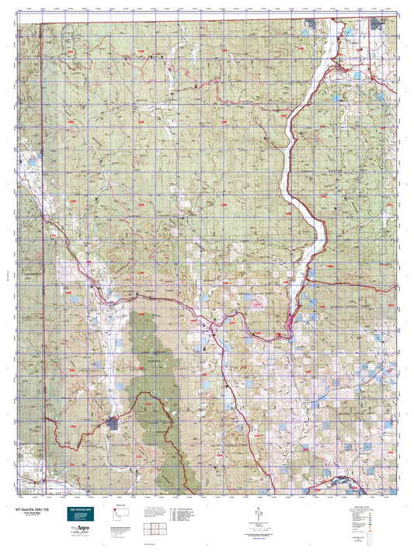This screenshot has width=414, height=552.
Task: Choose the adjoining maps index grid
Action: tap(157, 529)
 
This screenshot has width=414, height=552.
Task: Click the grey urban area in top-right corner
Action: tap(381, 24)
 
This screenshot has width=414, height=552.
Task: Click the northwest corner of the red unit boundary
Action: tap(42, 23)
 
